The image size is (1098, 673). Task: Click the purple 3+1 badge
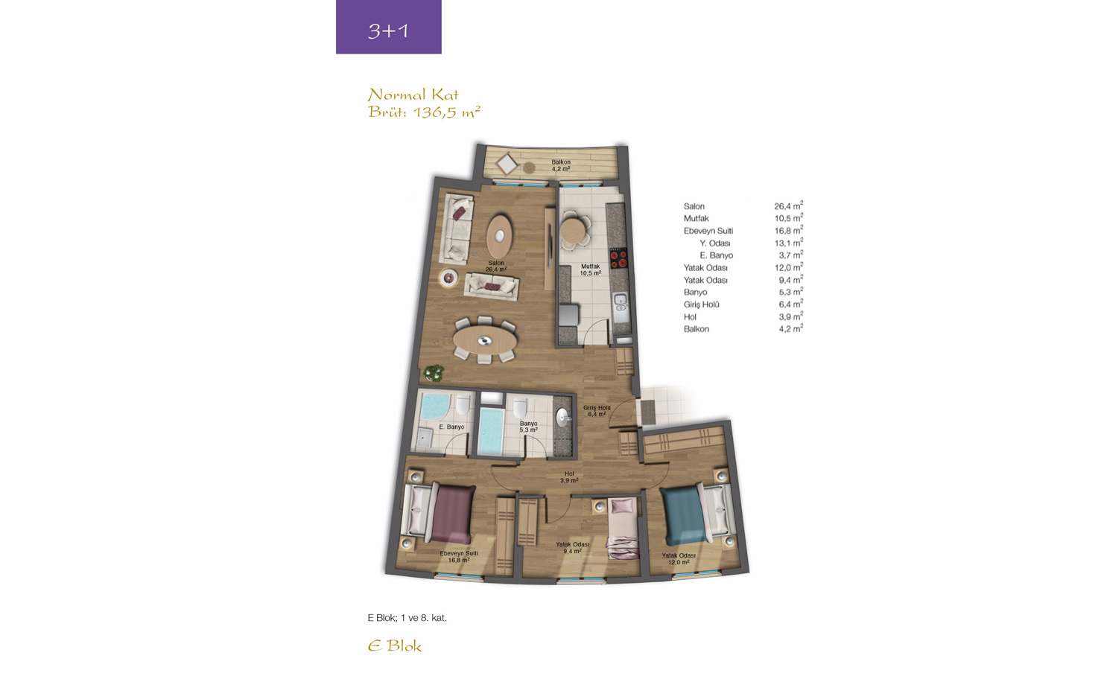[x=388, y=27]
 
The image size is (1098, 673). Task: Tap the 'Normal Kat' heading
[x=413, y=95]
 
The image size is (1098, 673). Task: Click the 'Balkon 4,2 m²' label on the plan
[x=561, y=165]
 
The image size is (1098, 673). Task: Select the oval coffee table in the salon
[x=500, y=236]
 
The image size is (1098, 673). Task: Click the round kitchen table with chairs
[x=573, y=229]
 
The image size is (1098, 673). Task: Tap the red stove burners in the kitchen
[x=618, y=258]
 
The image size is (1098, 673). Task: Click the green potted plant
[x=434, y=373]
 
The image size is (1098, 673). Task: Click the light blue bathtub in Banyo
[x=491, y=431]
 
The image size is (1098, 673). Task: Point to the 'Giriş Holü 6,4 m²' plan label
[x=597, y=411]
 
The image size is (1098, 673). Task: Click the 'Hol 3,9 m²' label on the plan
[x=569, y=477]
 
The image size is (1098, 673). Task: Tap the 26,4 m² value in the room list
[x=788, y=205]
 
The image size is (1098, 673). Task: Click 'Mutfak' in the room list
[x=696, y=218]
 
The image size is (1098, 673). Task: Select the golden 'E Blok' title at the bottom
[x=395, y=646]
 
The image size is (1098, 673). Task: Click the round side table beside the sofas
[x=448, y=278]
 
